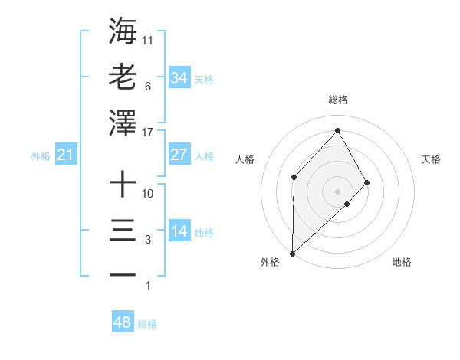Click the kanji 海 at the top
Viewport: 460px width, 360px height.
[x=123, y=31]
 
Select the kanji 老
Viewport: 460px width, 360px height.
[x=123, y=77]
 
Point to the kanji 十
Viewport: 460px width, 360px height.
[x=123, y=185]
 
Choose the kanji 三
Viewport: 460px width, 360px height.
[x=123, y=231]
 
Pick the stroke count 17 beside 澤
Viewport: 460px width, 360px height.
[x=149, y=133]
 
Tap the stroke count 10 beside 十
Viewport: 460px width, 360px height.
[x=149, y=194]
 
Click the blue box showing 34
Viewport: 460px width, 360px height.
[x=179, y=77]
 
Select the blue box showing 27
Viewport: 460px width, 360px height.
[x=179, y=154]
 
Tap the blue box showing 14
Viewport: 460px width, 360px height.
[x=179, y=231]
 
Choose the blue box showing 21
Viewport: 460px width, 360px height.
[x=65, y=155]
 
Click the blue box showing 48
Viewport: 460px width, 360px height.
[x=122, y=322]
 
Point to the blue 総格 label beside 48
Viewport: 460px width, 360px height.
[x=147, y=324]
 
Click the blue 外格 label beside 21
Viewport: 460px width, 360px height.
[x=41, y=156]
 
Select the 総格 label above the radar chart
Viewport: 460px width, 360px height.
[x=337, y=100]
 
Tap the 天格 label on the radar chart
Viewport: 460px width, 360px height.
[x=431, y=159]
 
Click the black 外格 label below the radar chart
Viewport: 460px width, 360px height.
[x=270, y=262]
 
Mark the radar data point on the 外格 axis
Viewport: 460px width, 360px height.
[x=292, y=253]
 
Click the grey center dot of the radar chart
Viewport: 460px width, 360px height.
[x=337, y=191]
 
